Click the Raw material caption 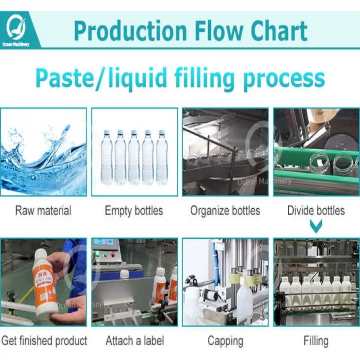pyautogui.click(x=43, y=210)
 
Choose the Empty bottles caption pyautogui.click(x=134, y=210)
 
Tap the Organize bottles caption pyautogui.click(x=225, y=210)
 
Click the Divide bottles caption pyautogui.click(x=316, y=210)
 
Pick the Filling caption pyautogui.click(x=316, y=340)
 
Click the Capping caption pyautogui.click(x=225, y=340)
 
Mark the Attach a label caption pyautogui.click(x=135, y=340)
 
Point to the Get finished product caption pyautogui.click(x=44, y=340)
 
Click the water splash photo pyautogui.click(x=43, y=152)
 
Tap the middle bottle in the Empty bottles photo pyautogui.click(x=134, y=157)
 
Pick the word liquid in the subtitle pyautogui.click(x=138, y=78)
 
